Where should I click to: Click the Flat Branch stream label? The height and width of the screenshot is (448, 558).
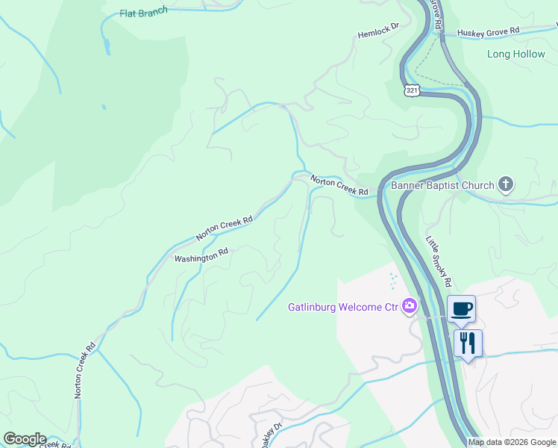144,13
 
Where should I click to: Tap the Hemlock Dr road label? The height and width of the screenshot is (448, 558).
379,34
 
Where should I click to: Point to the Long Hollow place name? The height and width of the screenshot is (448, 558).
515,54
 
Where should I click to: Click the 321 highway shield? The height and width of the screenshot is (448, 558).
413,90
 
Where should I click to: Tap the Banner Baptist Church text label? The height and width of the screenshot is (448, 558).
442,185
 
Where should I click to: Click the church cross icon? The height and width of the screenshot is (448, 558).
506,184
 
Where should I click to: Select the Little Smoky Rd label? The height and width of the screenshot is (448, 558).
438,261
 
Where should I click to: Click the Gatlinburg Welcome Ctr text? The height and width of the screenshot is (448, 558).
344,307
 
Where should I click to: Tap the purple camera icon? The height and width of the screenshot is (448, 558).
409,305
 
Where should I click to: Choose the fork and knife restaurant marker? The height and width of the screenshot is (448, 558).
468,343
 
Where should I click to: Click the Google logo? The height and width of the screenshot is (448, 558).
24,439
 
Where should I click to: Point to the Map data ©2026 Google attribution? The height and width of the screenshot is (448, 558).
512,442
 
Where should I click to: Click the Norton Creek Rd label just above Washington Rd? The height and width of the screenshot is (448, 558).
225,228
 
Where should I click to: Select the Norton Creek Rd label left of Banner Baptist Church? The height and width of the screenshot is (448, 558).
339,186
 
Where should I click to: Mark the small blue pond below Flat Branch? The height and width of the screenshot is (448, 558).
107,46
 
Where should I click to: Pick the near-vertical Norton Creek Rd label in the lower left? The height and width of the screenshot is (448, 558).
84,370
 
